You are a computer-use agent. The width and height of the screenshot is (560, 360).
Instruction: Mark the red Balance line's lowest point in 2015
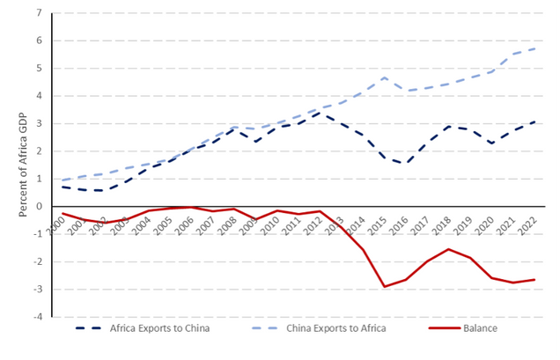click(385, 286)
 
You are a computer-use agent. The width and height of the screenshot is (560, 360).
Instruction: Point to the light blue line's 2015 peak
click(385, 77)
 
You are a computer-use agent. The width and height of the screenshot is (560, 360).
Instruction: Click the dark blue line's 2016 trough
click(406, 164)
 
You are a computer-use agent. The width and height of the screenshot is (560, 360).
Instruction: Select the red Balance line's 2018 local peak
click(449, 249)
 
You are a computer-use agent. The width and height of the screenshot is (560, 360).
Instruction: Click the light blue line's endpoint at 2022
click(534, 48)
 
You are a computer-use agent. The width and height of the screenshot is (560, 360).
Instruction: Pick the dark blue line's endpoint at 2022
click(534, 121)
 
